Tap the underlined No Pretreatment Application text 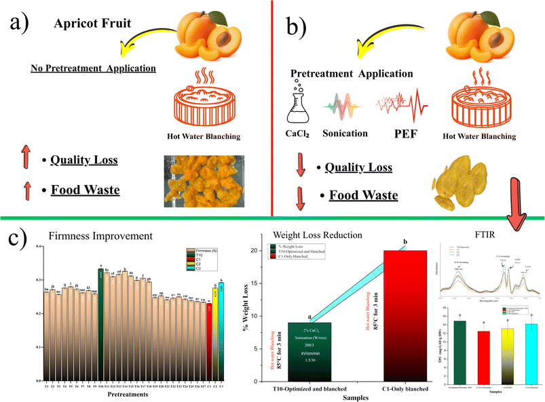pos(93,68)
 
